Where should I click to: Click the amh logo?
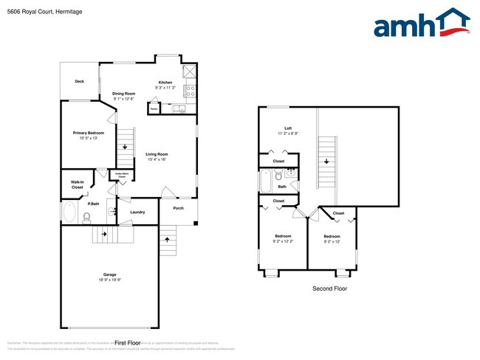[x=422, y=24]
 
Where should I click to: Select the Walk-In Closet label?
[x=77, y=185]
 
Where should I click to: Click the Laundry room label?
[x=137, y=212]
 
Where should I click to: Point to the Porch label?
[x=178, y=208]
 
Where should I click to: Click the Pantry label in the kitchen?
[x=154, y=108]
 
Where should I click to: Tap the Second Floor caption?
[x=329, y=288]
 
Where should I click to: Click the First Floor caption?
[x=128, y=343]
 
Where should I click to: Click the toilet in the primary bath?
[x=86, y=217]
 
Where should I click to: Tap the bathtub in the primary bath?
[x=70, y=215]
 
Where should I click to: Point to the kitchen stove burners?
[x=189, y=91]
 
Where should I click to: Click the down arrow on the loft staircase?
[x=326, y=160]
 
